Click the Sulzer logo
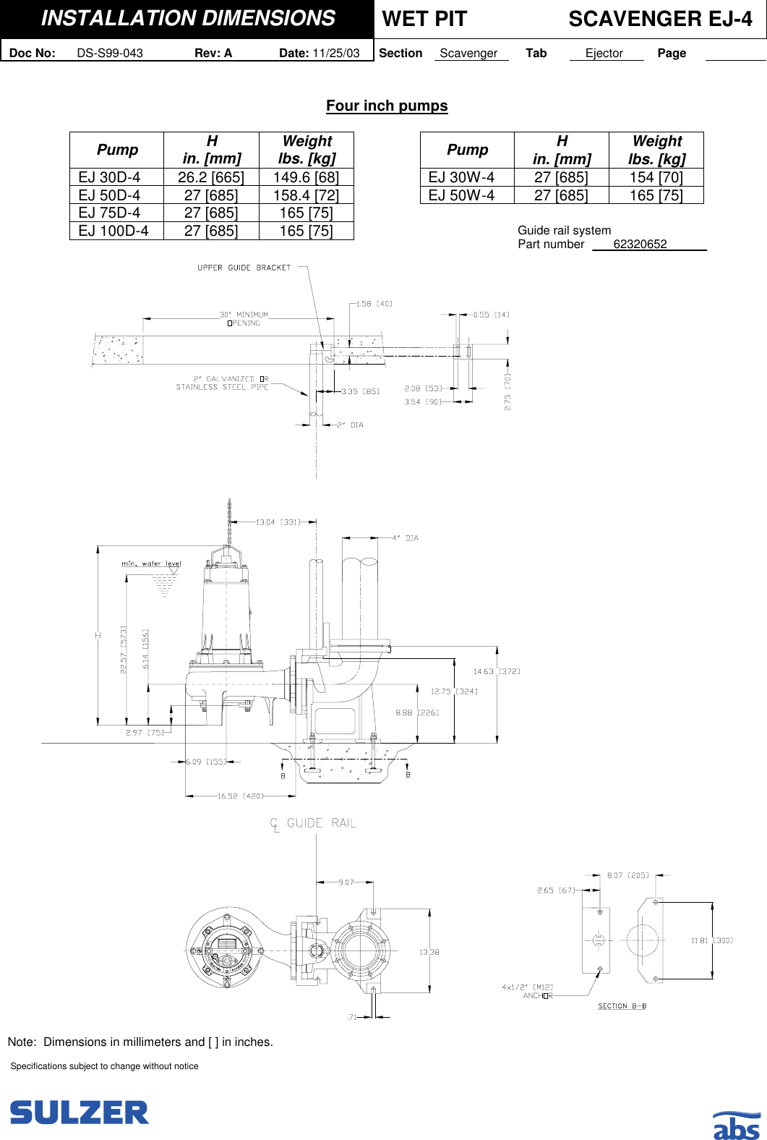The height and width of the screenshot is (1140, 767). pyautogui.click(x=79, y=1113)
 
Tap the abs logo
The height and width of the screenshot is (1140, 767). pyautogui.click(x=737, y=1126)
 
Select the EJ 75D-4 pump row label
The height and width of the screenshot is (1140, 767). pyautogui.click(x=109, y=213)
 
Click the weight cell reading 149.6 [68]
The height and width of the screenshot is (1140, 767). pyautogui.click(x=306, y=177)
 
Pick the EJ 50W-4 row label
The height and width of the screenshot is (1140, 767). pyautogui.click(x=461, y=195)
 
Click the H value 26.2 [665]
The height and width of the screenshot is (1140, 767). pyautogui.click(x=211, y=177)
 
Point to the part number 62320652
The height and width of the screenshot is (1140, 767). pyautogui.click(x=640, y=244)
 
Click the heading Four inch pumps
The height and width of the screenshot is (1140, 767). pyautogui.click(x=387, y=106)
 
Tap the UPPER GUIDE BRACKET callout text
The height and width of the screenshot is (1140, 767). pyautogui.click(x=244, y=268)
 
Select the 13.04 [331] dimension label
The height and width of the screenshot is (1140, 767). pyautogui.click(x=278, y=522)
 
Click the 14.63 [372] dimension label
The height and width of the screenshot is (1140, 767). pyautogui.click(x=497, y=671)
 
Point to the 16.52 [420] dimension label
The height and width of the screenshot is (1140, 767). pyautogui.click(x=241, y=796)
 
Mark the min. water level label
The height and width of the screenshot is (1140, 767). pyautogui.click(x=151, y=563)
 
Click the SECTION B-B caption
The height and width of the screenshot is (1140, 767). pyautogui.click(x=622, y=1006)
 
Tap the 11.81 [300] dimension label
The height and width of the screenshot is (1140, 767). pyautogui.click(x=712, y=940)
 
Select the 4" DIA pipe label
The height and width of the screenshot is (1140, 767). pyautogui.click(x=406, y=538)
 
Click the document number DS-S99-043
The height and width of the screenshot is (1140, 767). pyautogui.click(x=110, y=53)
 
